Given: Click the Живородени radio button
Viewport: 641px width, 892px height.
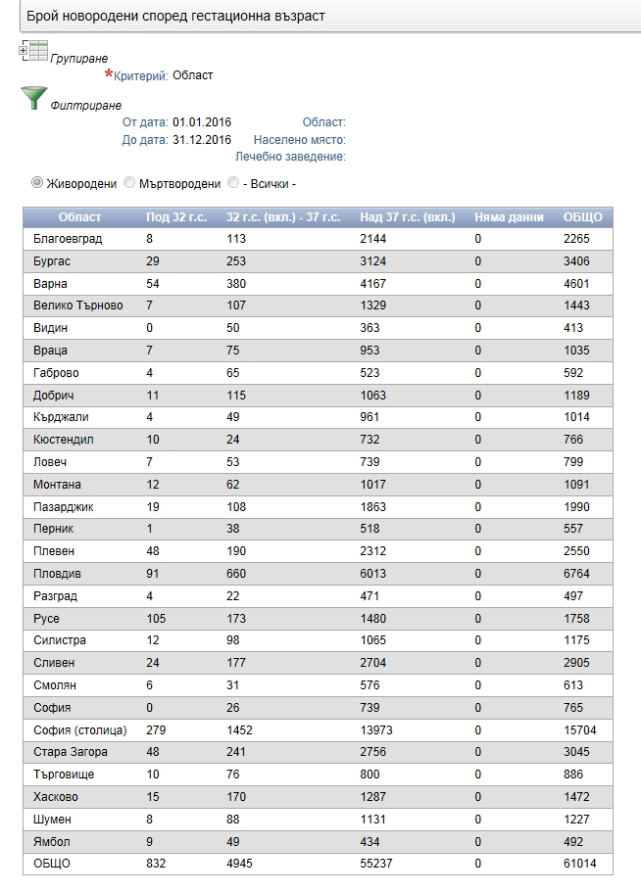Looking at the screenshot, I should (38, 182).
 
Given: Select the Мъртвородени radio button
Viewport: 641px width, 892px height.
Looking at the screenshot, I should (129, 182).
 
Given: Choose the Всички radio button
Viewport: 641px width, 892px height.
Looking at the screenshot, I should (232, 182).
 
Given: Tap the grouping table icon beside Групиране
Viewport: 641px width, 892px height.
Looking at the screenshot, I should (33, 52).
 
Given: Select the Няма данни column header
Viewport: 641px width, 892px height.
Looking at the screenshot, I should (509, 216).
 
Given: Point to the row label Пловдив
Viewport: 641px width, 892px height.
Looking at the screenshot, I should (57, 574).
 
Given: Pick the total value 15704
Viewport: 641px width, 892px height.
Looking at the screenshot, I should (580, 729).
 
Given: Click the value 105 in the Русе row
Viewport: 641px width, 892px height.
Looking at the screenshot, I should (156, 619).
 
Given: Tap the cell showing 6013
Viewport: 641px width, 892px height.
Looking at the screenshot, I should (373, 574).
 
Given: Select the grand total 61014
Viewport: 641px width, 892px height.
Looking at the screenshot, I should (580, 864).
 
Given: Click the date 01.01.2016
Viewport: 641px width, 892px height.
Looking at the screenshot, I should (202, 122).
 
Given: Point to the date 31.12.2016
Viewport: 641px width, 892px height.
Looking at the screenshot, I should (202, 139).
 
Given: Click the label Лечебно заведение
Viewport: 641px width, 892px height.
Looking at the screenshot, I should (290, 156).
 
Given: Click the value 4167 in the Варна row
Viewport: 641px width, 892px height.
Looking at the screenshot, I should (373, 284).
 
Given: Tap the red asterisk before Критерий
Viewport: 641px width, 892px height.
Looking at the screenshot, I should (109, 74).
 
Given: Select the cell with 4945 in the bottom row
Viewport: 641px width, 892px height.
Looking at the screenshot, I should (242, 864).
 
